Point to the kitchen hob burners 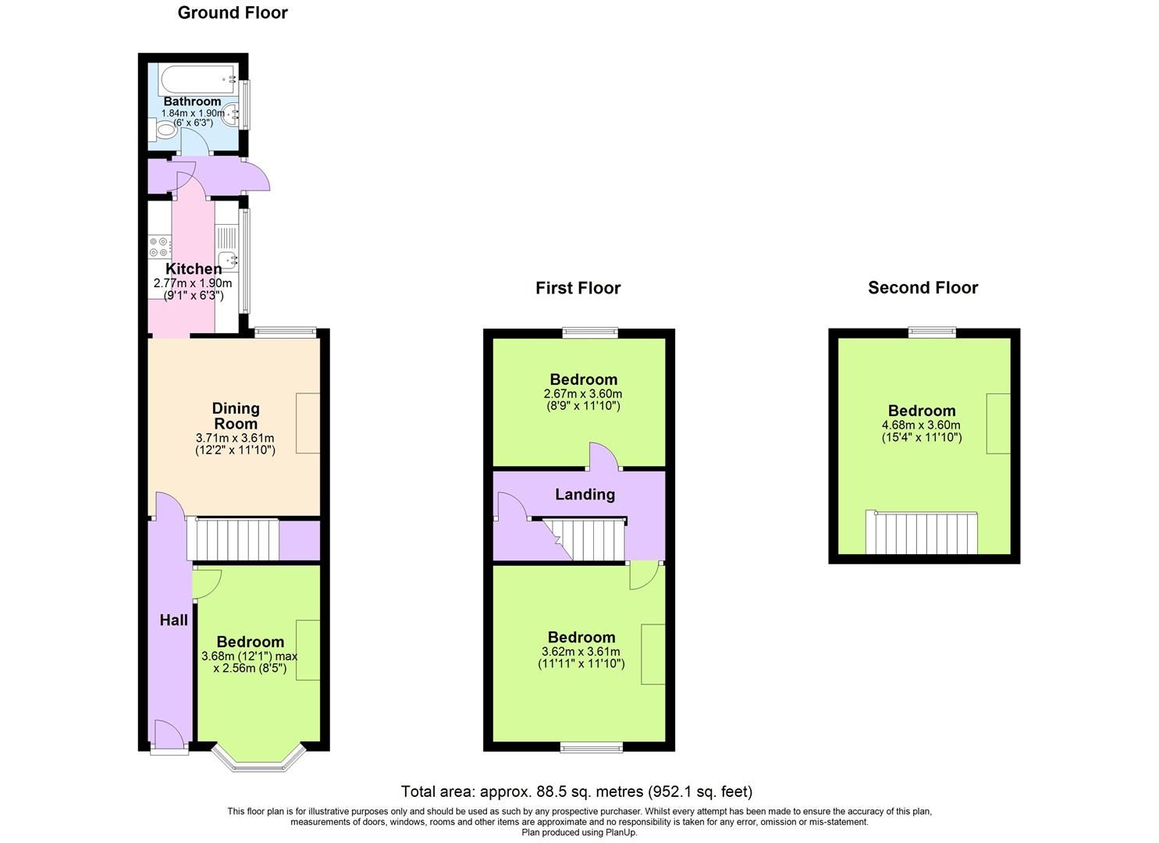pyautogui.click(x=159, y=247)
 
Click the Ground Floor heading pyautogui.click(x=233, y=12)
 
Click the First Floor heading pyautogui.click(x=578, y=288)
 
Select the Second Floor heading pyautogui.click(x=923, y=288)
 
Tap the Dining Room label pyautogui.click(x=236, y=416)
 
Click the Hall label pyautogui.click(x=173, y=621)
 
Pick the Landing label pyautogui.click(x=585, y=494)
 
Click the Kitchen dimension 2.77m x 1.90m pyautogui.click(x=194, y=283)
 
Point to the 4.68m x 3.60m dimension pyautogui.click(x=921, y=425)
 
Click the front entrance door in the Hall pyautogui.click(x=170, y=738)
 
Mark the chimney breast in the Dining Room pyautogui.click(x=308, y=424)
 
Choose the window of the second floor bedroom pyautogui.click(x=932, y=333)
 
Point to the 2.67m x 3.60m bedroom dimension pyautogui.click(x=584, y=394)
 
